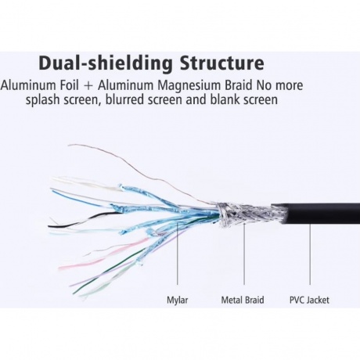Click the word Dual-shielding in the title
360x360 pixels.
106,63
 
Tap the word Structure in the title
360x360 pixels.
222,63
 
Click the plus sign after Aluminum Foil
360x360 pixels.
88,86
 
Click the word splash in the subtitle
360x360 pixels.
42,100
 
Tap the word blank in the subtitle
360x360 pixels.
225,99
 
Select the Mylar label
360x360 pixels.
178,301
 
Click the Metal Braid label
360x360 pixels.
243,300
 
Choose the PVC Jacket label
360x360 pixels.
309,300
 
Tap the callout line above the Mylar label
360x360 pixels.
177,253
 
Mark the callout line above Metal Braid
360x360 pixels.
244,254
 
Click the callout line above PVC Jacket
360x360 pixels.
310,254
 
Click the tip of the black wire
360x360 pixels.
49,226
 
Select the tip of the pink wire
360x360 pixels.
59,268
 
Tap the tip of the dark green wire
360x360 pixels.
74,293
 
